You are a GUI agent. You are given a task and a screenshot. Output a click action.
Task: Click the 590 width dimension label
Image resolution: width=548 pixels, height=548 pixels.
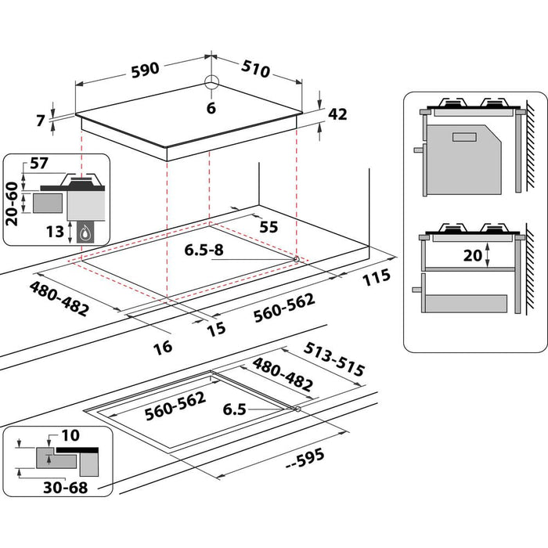tap(145, 69)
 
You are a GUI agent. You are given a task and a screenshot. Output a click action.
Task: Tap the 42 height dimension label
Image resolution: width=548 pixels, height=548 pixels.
tap(337, 114)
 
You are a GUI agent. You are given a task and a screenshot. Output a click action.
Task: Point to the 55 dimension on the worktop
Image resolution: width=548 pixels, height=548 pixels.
tap(269, 226)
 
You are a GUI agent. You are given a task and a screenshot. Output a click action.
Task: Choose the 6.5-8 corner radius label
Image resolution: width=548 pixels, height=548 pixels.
tap(206, 251)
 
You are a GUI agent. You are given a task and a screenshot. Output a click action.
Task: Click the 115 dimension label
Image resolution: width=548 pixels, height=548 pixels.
tap(377, 278)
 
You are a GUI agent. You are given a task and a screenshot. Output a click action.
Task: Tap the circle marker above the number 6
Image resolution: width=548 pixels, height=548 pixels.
tap(211, 84)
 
